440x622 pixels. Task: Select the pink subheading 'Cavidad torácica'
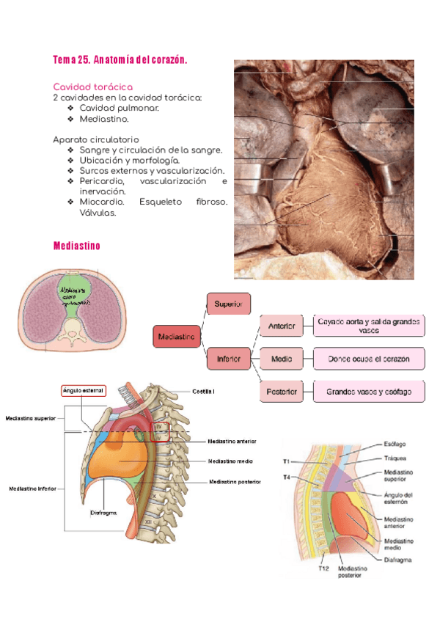click(92, 87)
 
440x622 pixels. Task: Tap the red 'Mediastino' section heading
click(76, 246)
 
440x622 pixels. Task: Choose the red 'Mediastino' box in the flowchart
click(177, 337)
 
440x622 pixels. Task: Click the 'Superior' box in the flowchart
click(228, 303)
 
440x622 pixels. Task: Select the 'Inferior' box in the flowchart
click(228, 359)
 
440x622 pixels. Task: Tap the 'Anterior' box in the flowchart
click(282, 326)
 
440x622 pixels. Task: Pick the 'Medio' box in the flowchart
click(282, 359)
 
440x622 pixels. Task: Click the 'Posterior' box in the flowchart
click(282, 392)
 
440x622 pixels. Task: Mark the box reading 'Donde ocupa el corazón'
click(369, 359)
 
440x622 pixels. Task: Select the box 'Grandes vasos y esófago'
click(369, 392)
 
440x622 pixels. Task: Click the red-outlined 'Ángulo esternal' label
click(84, 390)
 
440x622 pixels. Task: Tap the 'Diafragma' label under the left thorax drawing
click(103, 513)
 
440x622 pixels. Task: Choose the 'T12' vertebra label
click(323, 567)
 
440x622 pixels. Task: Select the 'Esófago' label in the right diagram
click(396, 444)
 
